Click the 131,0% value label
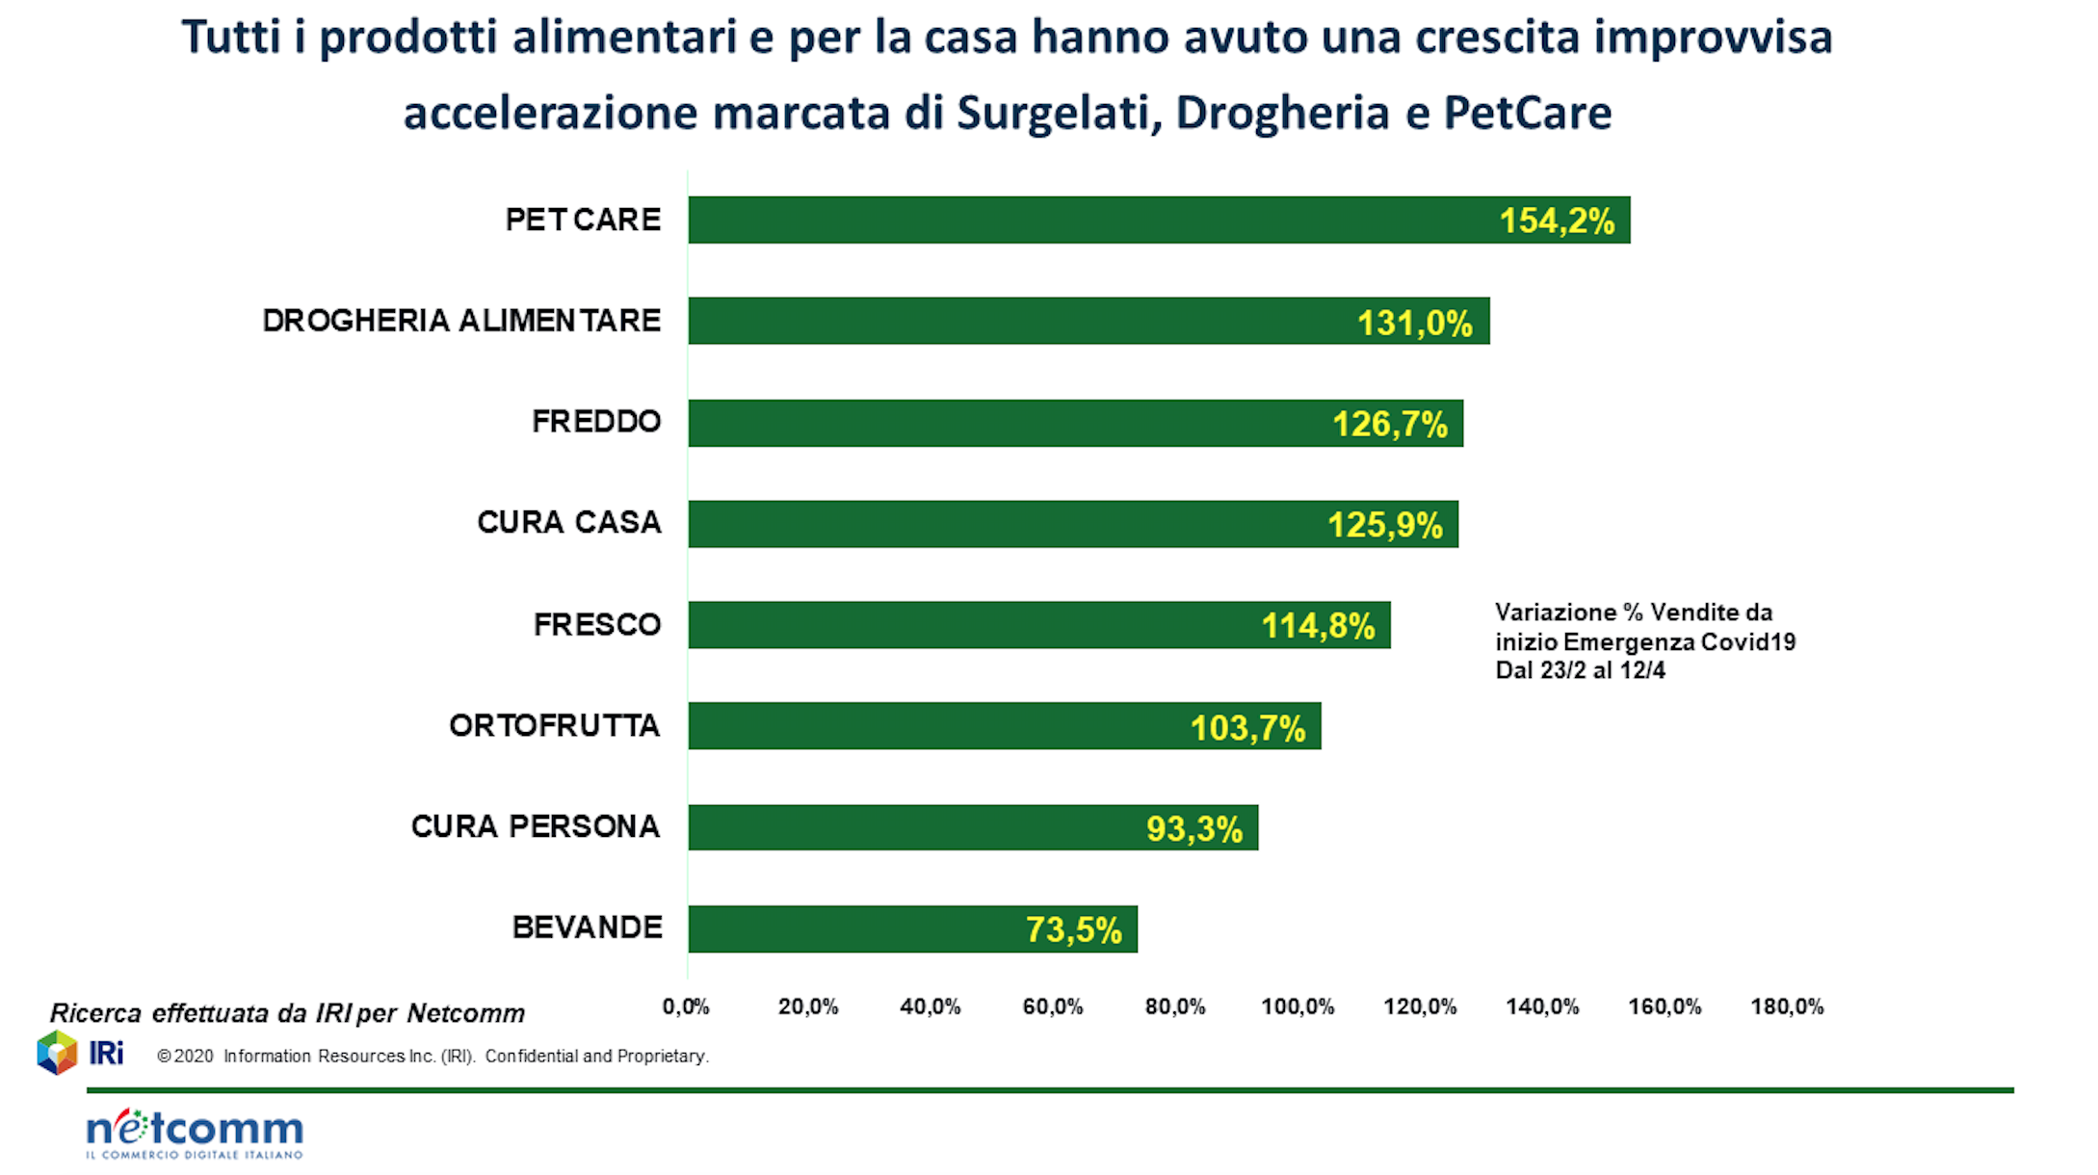[x=1414, y=323]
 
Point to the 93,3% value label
[x=1194, y=828]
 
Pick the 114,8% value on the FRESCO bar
[x=1318, y=626]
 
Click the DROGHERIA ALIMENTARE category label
[x=461, y=321]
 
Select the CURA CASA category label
[x=569, y=522]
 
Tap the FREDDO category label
[x=596, y=422]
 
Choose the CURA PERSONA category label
[x=536, y=826]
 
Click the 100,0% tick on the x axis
[x=1298, y=1007]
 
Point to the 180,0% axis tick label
[x=1787, y=1007]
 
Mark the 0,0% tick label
[x=686, y=1007]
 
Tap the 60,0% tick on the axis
[x=1053, y=1007]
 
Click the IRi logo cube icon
[x=57, y=1053]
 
